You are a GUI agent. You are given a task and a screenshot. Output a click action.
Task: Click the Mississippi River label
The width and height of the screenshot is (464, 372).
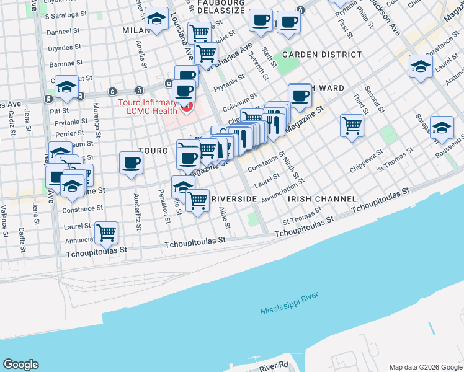click(x=289, y=308)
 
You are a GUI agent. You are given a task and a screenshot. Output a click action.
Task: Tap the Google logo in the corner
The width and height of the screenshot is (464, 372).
click(x=20, y=365)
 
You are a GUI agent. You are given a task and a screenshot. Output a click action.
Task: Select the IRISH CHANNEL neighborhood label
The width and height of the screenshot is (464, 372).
click(x=322, y=199)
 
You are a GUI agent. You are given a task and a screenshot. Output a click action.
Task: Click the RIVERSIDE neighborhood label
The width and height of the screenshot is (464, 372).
click(x=234, y=199)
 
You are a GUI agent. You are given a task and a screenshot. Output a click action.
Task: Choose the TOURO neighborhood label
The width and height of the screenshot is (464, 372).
click(x=153, y=151)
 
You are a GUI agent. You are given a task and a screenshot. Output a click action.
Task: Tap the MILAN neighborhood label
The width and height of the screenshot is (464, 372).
click(x=136, y=30)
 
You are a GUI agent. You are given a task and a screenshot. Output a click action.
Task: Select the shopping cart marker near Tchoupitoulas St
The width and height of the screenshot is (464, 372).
click(x=107, y=233)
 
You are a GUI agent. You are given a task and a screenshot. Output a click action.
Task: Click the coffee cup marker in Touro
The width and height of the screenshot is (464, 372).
click(x=131, y=163)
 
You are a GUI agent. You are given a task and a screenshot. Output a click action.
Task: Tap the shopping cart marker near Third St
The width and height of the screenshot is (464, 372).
click(x=352, y=125)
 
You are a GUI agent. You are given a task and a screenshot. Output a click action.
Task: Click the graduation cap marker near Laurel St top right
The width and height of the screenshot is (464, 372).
click(x=421, y=66)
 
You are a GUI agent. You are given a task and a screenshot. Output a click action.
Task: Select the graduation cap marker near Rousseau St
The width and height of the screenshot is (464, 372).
click(x=441, y=127)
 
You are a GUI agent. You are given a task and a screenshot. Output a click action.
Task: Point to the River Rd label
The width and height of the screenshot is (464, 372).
click(x=274, y=367)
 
